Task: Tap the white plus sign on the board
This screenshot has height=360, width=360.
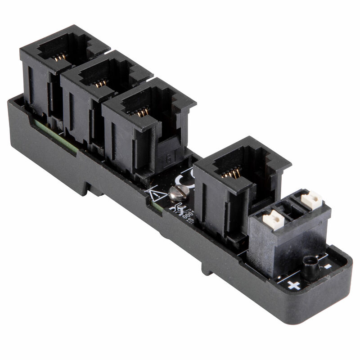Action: (x=293, y=285)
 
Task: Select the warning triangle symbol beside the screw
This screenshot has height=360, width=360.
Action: (x=156, y=196)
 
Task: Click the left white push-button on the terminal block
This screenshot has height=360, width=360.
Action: (x=273, y=220)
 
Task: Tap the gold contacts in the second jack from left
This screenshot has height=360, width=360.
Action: (x=101, y=83)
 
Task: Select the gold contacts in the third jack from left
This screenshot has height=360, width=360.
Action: (x=143, y=111)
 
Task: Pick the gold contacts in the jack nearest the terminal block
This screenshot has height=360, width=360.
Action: (x=232, y=172)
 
